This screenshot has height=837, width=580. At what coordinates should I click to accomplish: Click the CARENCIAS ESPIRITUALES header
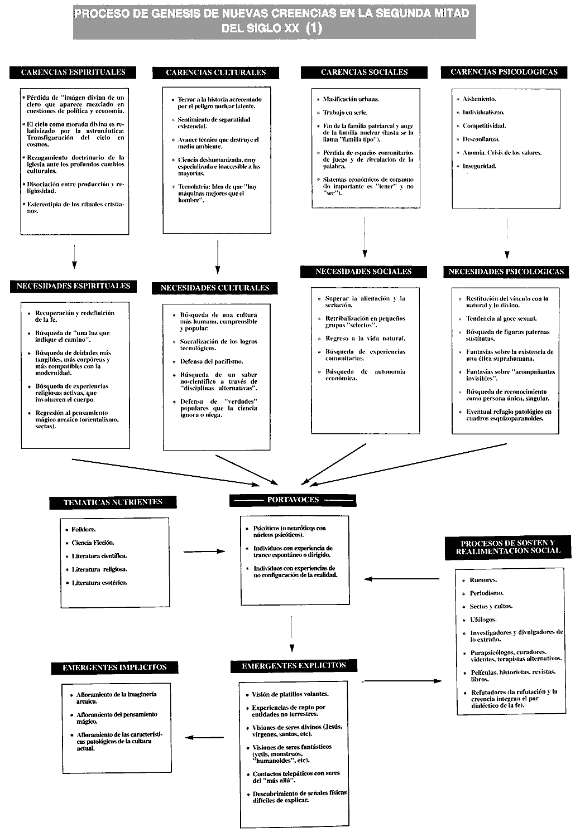click(x=73, y=72)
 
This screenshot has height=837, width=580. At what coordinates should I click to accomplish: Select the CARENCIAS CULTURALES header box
click(x=215, y=72)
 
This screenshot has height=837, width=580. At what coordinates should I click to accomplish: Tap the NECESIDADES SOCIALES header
click(x=363, y=272)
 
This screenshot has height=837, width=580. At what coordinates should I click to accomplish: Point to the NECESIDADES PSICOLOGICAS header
click(x=506, y=272)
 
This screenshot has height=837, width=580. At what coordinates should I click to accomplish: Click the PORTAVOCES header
click(x=293, y=500)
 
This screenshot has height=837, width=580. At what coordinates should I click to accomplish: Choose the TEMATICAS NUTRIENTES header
click(x=113, y=502)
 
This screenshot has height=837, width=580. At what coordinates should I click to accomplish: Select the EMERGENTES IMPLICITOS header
click(x=114, y=667)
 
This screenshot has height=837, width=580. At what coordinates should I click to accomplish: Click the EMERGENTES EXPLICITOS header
click(x=294, y=666)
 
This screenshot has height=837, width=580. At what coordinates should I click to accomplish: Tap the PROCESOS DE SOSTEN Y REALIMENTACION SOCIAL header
click(x=507, y=547)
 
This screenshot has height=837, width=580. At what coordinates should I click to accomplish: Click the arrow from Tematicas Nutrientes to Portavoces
click(x=204, y=551)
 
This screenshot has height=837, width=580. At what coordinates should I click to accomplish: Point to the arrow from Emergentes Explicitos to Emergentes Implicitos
click(x=204, y=737)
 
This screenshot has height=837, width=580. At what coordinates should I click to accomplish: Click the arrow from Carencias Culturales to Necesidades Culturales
click(x=217, y=257)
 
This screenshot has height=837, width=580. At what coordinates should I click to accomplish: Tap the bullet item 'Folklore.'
click(x=83, y=529)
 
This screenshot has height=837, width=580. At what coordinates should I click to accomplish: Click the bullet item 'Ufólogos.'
click(x=483, y=620)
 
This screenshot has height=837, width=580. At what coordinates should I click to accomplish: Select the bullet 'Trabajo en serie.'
click(x=345, y=113)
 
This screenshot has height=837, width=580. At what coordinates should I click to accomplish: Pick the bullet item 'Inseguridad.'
click(x=479, y=166)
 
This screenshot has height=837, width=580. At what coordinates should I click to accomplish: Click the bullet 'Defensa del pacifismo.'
click(x=211, y=361)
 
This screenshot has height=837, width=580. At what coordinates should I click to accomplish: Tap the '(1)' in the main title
click(x=314, y=28)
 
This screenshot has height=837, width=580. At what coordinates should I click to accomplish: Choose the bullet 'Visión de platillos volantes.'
click(x=290, y=694)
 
